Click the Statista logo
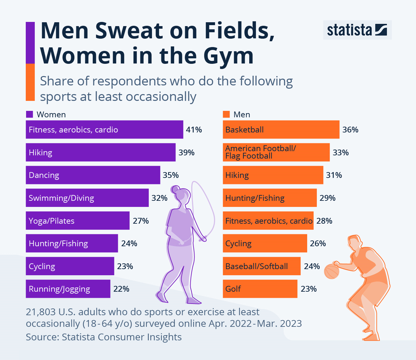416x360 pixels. tap(357, 30)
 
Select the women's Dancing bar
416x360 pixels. tap(93, 175)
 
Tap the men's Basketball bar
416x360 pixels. tap(281, 130)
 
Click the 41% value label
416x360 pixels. tap(194, 130)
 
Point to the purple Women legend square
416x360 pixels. tap(29, 114)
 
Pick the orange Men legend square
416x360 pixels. tap(226, 114)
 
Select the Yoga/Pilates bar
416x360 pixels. tap(78, 221)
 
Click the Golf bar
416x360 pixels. tap(260, 289)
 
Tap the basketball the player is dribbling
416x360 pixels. tap(331, 271)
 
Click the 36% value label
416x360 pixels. tap(350, 130)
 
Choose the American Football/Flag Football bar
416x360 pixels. tap(276, 152)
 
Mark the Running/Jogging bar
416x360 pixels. tap(68, 289)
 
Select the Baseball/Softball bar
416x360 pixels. tap(261, 266)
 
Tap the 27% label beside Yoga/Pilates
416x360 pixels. tap(141, 221)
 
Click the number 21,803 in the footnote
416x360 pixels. tap(41, 312)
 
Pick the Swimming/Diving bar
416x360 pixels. tap(87, 198)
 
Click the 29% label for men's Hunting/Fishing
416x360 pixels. tap(327, 198)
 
